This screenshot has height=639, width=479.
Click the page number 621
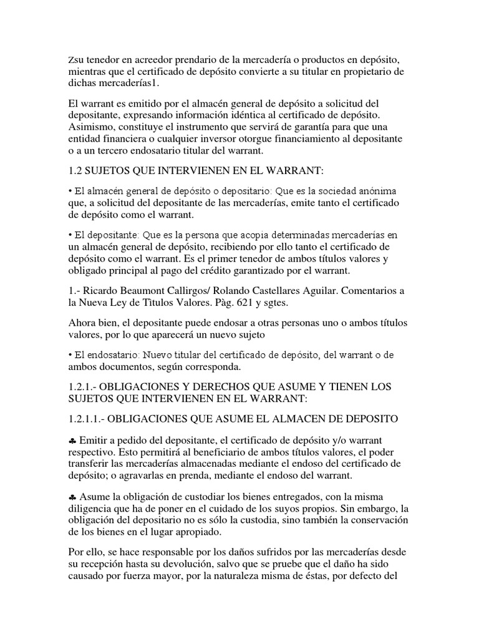(233, 303)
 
